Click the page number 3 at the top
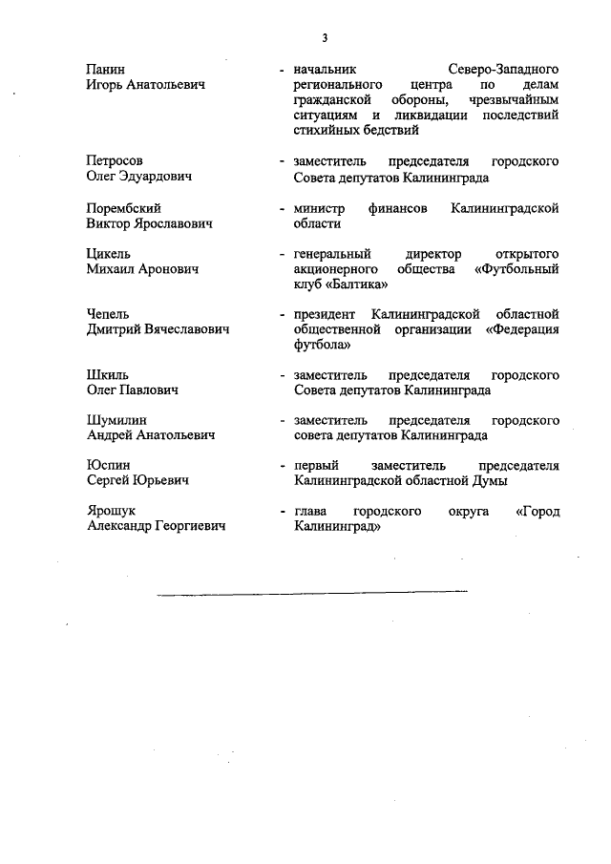click(x=325, y=38)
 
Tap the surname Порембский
click(x=123, y=208)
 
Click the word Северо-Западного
click(x=503, y=70)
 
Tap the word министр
click(x=319, y=208)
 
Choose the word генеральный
click(x=336, y=254)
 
